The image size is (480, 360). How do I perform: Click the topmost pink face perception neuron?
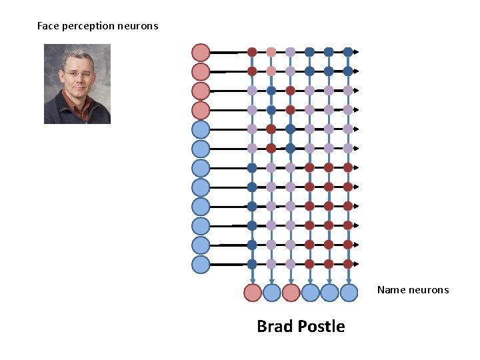coord(201,52)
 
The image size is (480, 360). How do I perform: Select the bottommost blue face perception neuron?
coord(201,264)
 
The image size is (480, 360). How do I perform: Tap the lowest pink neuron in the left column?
coord(201,110)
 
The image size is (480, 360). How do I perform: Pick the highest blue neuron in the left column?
coord(201,129)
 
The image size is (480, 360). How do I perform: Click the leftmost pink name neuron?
coord(252,292)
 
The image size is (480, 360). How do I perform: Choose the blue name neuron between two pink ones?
coord(271,292)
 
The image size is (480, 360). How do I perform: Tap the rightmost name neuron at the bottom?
coord(349,292)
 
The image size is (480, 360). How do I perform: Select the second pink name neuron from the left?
coord(291,292)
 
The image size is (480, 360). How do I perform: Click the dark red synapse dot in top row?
coord(252,52)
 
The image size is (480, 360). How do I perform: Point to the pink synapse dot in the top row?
coord(271,52)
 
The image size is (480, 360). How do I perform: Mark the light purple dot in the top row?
coord(291,52)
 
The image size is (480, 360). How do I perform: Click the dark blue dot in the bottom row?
coord(252,264)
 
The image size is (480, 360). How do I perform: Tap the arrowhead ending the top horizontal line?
coord(357,52)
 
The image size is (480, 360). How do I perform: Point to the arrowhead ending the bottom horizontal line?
coord(357,264)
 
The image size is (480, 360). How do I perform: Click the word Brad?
coord(275,327)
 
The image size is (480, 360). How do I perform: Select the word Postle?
coord(321,327)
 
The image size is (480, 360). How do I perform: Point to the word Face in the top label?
coord(48,27)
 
